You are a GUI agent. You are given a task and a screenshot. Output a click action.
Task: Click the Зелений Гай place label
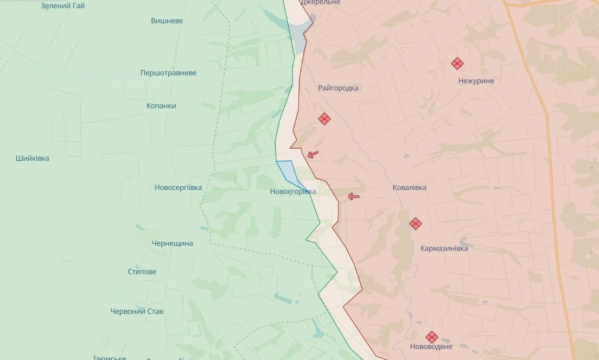63,6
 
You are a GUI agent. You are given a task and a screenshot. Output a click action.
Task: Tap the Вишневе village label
167,21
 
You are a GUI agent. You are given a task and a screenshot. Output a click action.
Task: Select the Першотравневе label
168,73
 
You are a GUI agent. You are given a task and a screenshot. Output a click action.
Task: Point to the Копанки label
161,106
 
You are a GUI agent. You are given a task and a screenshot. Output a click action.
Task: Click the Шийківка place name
33,159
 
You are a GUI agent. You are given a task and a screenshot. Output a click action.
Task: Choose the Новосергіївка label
178,188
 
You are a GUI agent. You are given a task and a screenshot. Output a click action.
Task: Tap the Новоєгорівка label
293,192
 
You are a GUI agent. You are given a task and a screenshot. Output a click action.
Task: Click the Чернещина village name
172,243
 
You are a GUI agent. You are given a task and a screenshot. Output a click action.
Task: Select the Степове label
142,271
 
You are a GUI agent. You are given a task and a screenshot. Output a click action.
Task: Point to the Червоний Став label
137,312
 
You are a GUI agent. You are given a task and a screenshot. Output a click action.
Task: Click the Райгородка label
338,88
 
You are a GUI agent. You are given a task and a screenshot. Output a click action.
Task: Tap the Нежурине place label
476,81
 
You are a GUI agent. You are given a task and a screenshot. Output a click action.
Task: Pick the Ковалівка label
409,188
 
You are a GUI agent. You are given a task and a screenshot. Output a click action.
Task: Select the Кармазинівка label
444,248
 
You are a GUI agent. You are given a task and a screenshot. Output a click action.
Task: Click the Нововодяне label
431,346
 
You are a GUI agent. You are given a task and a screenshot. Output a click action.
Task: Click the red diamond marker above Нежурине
457,64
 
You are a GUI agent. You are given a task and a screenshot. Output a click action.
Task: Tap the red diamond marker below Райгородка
324,119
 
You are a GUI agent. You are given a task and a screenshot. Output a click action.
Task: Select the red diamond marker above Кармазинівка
416,223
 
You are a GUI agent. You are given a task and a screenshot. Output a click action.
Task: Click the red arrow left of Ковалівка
354,197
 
